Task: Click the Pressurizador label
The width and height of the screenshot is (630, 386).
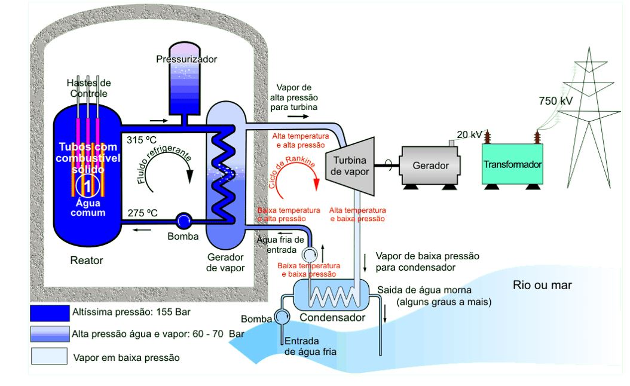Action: (x=186, y=59)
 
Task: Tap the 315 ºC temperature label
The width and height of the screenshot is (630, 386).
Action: (x=142, y=140)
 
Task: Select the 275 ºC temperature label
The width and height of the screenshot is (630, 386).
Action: (x=142, y=213)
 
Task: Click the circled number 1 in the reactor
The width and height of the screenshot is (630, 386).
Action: (x=88, y=186)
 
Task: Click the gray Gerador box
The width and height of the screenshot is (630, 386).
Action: (x=431, y=166)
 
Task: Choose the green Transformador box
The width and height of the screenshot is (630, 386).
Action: (x=512, y=164)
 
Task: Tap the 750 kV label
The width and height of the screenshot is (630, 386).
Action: (x=556, y=101)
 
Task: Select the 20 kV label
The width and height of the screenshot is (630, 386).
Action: (x=469, y=134)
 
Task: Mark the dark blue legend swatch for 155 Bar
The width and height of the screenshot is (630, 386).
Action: (x=50, y=313)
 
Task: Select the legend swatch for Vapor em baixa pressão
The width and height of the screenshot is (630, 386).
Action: (x=50, y=356)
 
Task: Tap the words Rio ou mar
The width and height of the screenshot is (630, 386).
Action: (x=542, y=285)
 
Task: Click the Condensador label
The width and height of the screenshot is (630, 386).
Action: (x=332, y=317)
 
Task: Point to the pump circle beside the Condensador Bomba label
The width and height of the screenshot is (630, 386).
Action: (x=282, y=316)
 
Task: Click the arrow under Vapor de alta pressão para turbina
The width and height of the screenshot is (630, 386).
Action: (x=298, y=117)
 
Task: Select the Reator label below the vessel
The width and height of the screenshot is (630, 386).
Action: (x=87, y=261)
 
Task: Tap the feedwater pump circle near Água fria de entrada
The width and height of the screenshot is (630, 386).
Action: (x=310, y=255)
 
